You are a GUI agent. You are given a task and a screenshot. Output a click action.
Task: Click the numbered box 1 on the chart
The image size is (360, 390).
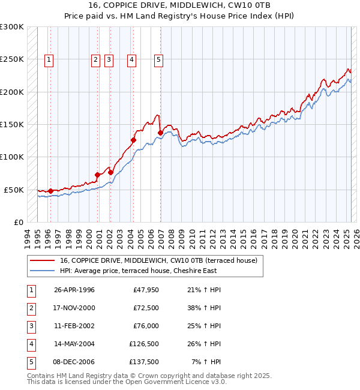point(49,59)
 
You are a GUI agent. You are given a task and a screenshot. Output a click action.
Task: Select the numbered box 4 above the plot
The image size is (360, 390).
point(131,59)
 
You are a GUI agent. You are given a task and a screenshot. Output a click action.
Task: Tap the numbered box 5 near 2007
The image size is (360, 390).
point(158,59)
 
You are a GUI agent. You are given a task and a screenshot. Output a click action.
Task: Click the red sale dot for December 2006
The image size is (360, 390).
point(160,133)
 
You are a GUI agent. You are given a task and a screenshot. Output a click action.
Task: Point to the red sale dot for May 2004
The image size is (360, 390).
point(133,140)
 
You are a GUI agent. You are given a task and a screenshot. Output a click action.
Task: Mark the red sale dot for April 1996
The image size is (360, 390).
point(50,191)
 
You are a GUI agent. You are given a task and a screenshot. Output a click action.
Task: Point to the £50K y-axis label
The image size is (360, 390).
point(14,190)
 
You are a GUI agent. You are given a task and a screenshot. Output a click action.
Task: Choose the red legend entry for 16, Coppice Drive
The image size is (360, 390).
point(158,260)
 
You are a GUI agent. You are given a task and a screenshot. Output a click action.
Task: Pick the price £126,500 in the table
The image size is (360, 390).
point(143,344)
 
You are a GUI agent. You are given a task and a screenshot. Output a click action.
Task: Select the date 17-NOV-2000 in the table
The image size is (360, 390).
point(74,308)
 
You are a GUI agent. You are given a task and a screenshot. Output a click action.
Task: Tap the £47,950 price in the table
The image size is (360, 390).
point(145,290)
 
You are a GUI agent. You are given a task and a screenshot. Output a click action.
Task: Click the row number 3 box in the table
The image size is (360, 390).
point(31,326)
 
